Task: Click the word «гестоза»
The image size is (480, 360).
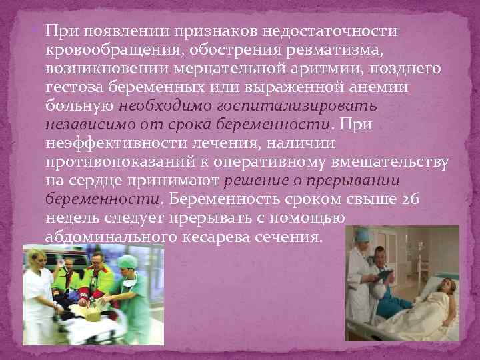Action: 75,87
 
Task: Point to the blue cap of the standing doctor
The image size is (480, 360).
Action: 362,235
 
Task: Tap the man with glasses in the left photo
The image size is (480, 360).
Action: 98,263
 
